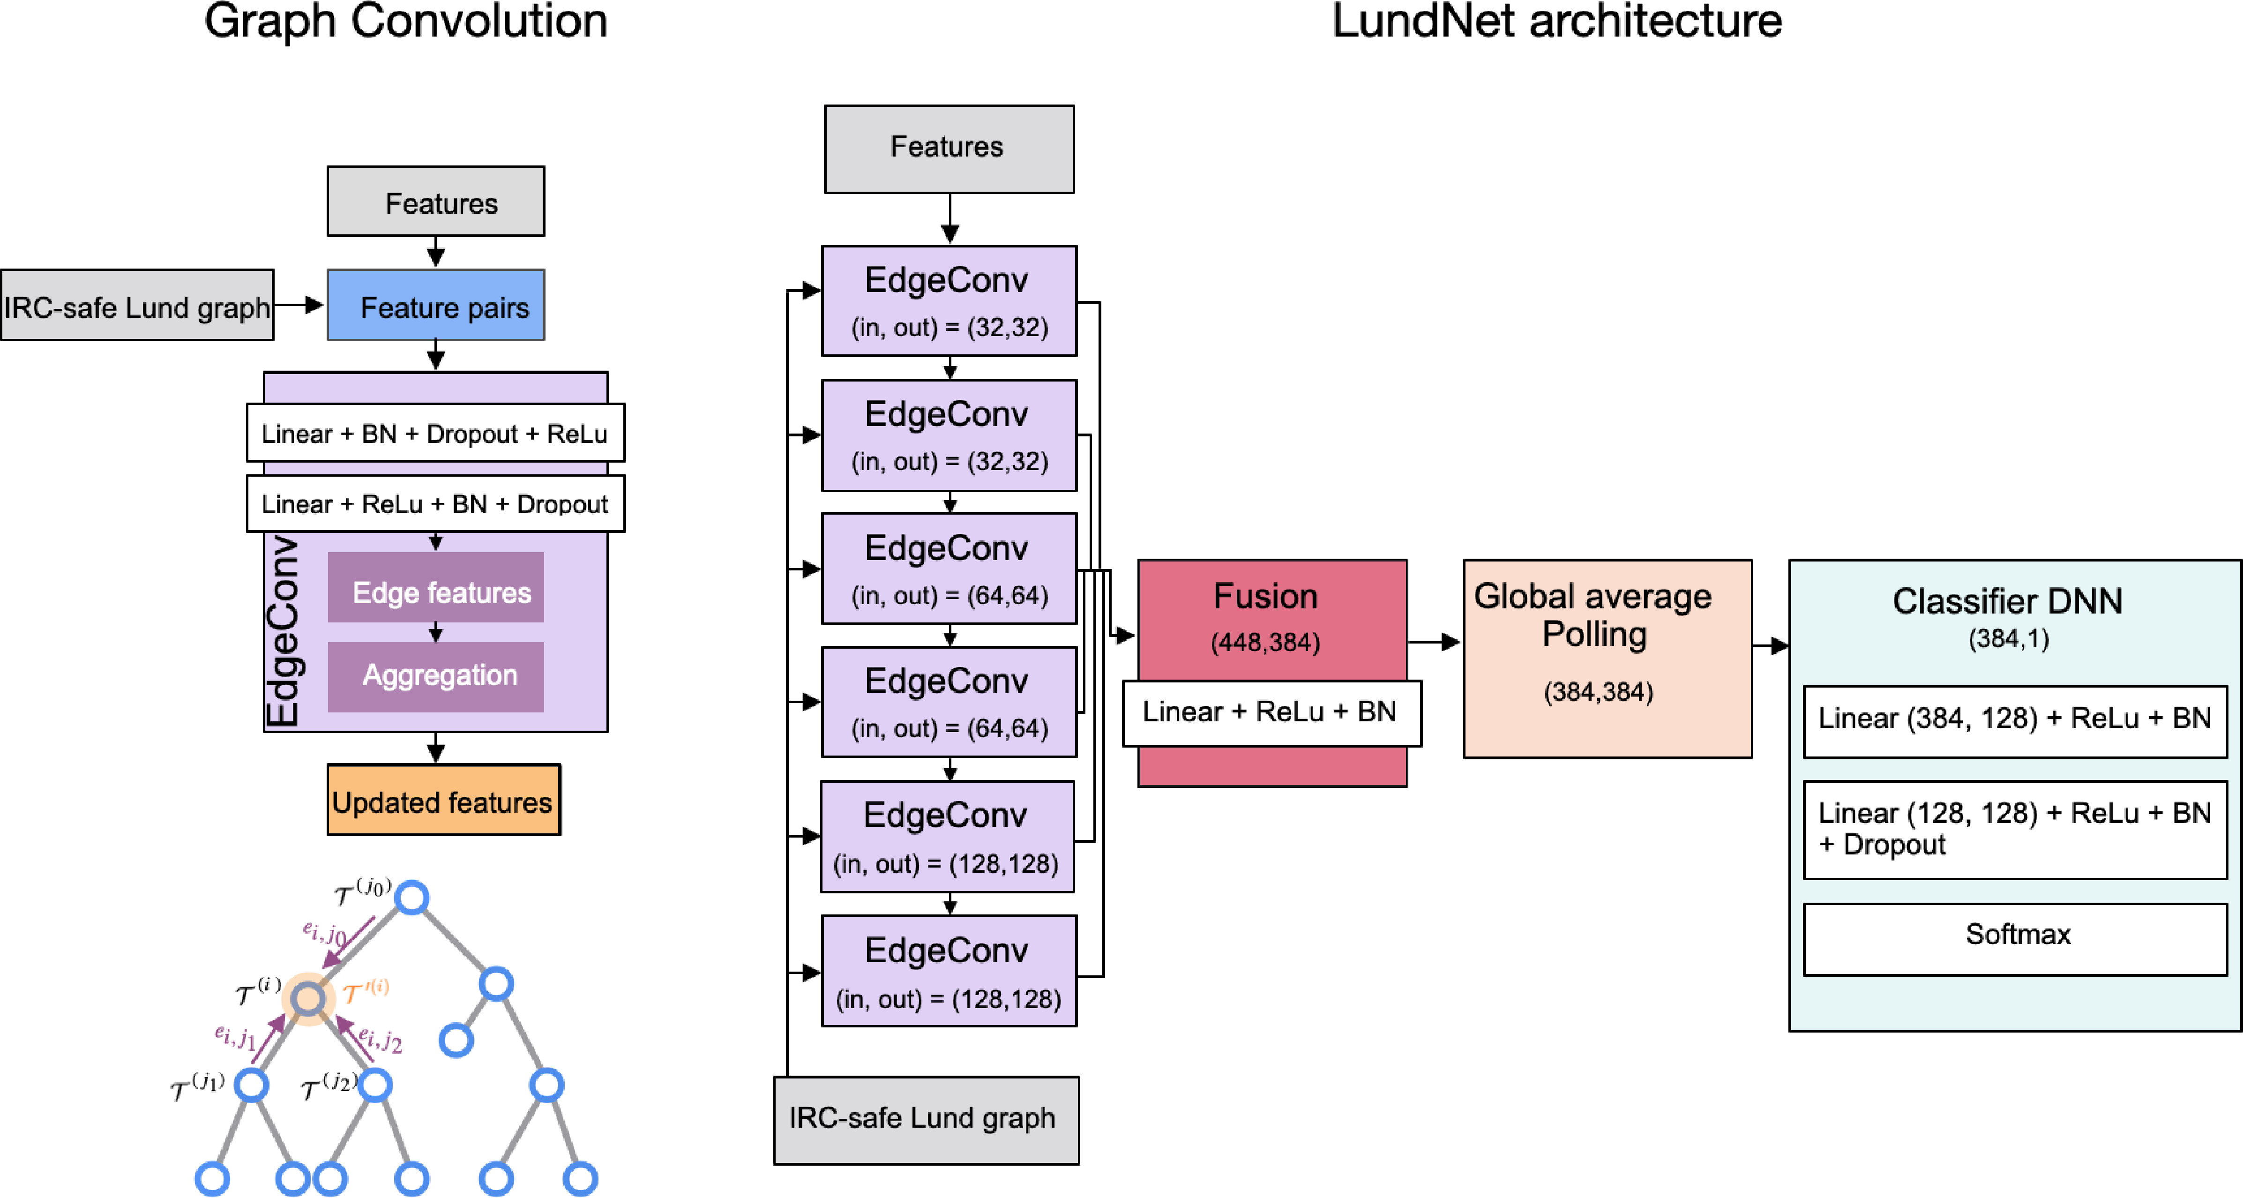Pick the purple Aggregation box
click(x=435, y=676)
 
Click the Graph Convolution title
click(x=406, y=22)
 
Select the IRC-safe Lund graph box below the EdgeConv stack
click(x=926, y=1120)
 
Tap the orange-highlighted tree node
click(x=308, y=998)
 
